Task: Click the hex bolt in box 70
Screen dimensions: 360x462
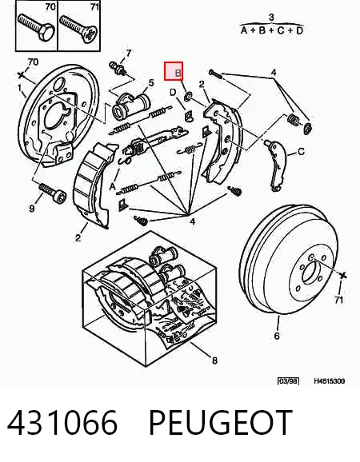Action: pos(36,27)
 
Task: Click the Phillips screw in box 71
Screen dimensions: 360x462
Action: pos(78,29)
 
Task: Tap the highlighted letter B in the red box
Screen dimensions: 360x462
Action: pos(178,73)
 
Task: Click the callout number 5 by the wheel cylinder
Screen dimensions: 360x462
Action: pos(151,83)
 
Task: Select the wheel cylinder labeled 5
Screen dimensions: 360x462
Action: pos(131,106)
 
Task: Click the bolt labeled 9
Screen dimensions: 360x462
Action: pos(53,193)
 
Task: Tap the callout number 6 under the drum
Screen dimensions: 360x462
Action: pos(277,336)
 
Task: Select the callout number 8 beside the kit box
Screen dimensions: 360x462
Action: pos(214,360)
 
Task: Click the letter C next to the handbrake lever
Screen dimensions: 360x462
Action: pos(301,152)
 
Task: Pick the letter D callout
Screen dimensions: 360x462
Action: pos(173,92)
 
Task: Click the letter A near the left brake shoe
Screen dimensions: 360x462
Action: pos(112,187)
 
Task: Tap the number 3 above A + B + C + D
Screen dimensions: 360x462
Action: pos(271,18)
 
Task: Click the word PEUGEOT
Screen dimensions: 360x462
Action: pos(221,422)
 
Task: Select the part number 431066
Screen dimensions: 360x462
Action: pos(62,422)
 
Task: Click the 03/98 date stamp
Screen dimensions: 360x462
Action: pos(288,381)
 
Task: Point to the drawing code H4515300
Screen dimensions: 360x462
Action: pos(329,381)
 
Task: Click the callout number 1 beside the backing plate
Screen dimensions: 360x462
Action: pos(19,88)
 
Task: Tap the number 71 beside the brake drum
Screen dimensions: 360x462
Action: pos(339,300)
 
